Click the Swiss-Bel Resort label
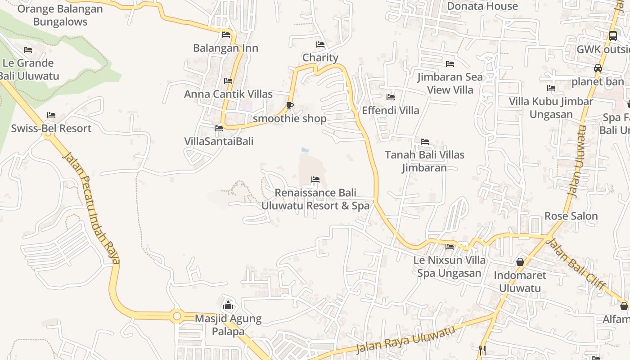point(51,129)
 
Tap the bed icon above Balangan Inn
point(226,35)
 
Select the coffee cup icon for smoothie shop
point(290,106)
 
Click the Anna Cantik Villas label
point(228,94)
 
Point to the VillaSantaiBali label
point(219,141)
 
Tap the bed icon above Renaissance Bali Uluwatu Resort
point(315,180)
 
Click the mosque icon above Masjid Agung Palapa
point(228,305)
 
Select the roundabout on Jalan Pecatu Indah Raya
point(177,316)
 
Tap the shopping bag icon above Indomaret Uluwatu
point(520,262)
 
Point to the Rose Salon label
point(571,216)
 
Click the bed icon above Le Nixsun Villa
point(450,247)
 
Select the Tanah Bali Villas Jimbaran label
point(424,161)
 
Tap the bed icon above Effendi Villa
point(391,97)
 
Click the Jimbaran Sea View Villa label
point(450,83)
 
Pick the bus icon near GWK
point(612,36)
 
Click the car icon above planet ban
point(598,68)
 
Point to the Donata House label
point(482,6)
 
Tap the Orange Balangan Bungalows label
point(60,15)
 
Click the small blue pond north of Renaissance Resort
point(305,149)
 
